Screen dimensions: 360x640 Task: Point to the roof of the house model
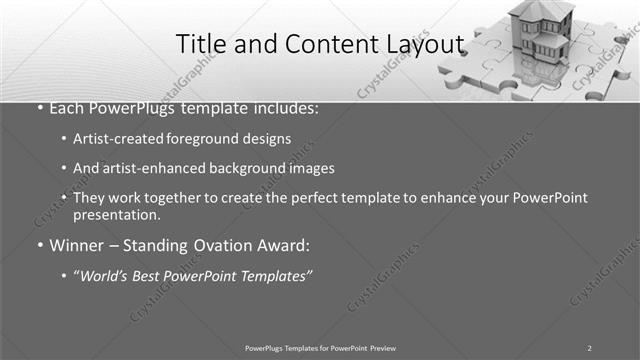pos(540,10)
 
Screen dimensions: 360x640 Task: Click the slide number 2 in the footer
pos(590,347)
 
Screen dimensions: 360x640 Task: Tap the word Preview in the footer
pos(383,347)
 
